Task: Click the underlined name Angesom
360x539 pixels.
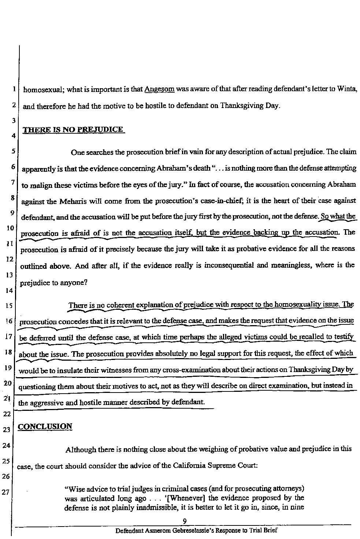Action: pos(159,89)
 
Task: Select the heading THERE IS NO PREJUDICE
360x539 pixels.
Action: pos(73,130)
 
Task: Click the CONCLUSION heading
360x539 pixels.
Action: pos(45,427)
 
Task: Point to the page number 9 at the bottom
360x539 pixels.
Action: pos(185,521)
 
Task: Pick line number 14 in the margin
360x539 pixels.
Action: pos(8,291)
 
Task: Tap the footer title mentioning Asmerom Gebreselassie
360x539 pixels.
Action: pos(196,531)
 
